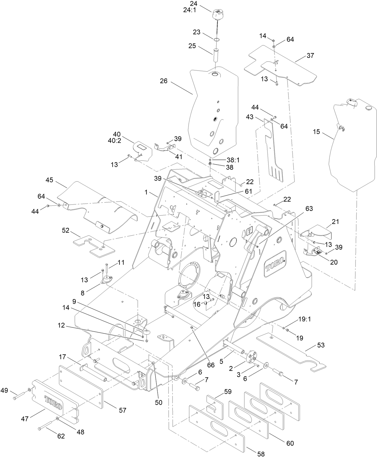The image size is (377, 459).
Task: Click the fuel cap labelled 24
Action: tap(218, 14)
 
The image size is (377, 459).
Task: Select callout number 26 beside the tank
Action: tap(164, 81)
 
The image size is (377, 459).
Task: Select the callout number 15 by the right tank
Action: tap(316, 132)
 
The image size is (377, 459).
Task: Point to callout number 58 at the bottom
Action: tap(261, 454)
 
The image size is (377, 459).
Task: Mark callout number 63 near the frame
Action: tap(309, 209)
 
